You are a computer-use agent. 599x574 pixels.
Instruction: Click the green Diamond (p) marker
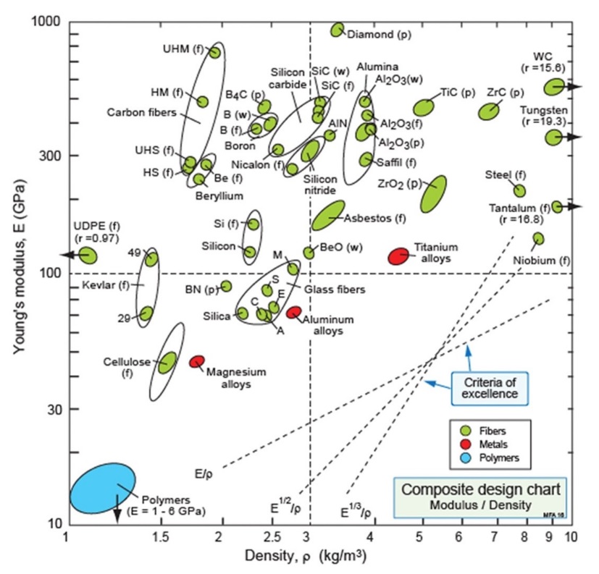(x=337, y=30)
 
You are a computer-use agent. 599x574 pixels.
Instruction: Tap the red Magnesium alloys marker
(x=196, y=361)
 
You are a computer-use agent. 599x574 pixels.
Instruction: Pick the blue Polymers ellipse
(x=103, y=489)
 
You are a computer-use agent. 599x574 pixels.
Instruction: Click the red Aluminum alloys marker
(x=293, y=312)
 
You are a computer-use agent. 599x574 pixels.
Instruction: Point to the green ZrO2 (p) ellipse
(x=433, y=193)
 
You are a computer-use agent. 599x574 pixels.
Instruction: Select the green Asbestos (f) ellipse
(x=327, y=215)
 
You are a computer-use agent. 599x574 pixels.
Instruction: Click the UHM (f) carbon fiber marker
(x=214, y=51)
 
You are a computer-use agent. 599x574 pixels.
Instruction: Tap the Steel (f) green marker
(x=519, y=190)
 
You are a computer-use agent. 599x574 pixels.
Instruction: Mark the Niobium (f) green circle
(x=538, y=237)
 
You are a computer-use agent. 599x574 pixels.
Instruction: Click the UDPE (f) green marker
(x=88, y=255)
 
